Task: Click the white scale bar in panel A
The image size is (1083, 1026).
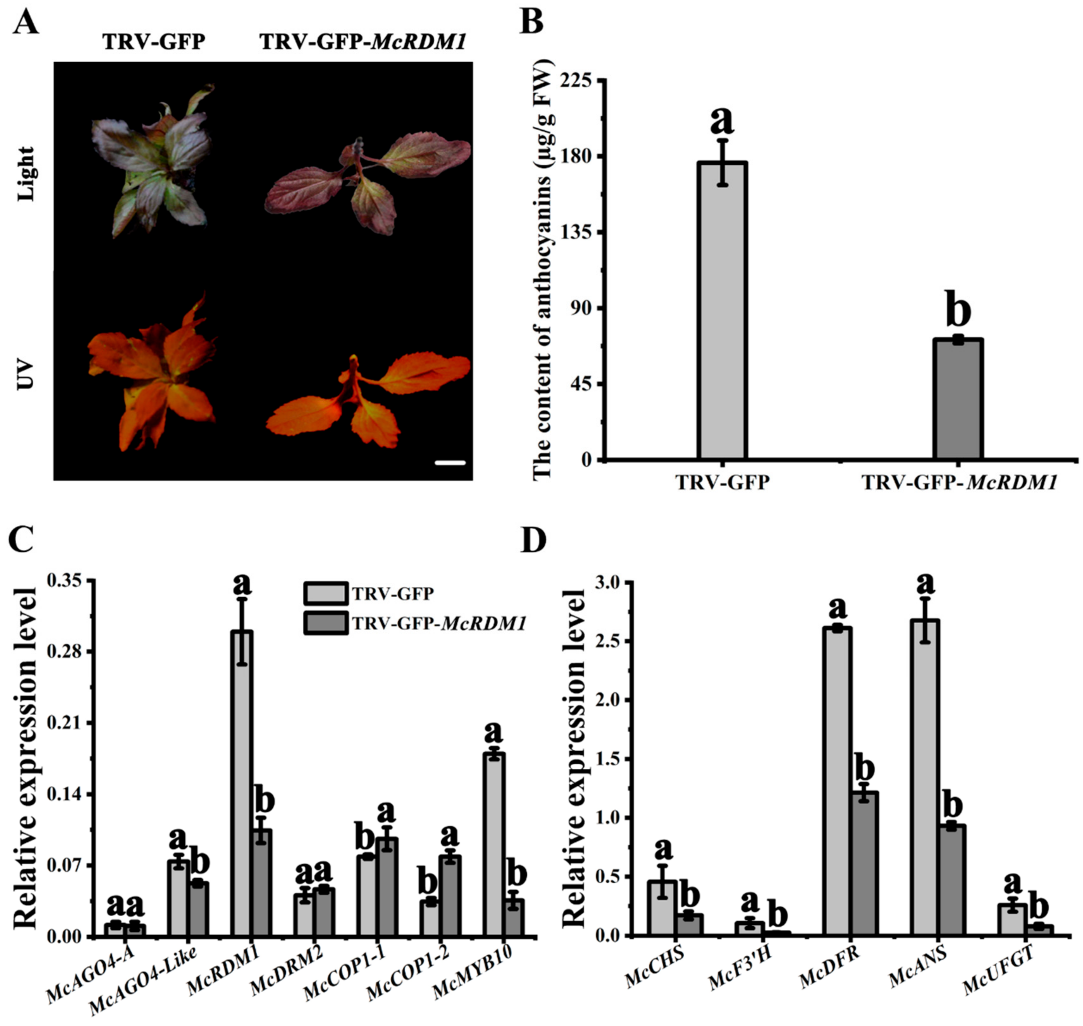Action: pyautogui.click(x=450, y=463)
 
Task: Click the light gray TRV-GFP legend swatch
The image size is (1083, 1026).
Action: pyautogui.click(x=325, y=593)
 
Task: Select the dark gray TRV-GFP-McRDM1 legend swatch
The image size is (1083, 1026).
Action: pyautogui.click(x=325, y=623)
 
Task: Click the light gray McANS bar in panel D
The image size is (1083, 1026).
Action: pyautogui.click(x=924, y=777)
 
